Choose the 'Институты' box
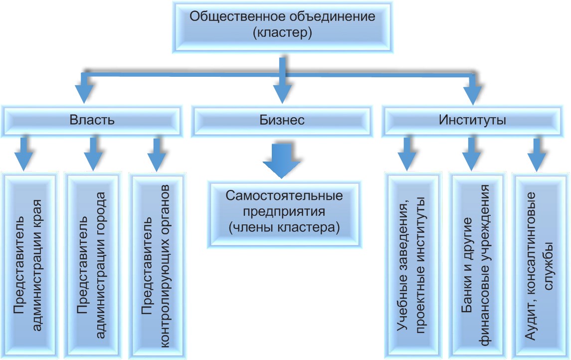[x=472, y=120]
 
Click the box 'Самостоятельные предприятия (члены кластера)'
[x=284, y=212]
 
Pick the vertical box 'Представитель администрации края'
[x=29, y=264]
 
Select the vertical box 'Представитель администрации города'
[x=93, y=264]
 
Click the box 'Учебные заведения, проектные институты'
[x=411, y=264]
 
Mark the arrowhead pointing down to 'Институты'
[x=472, y=93]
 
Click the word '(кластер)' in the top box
[x=282, y=34]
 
